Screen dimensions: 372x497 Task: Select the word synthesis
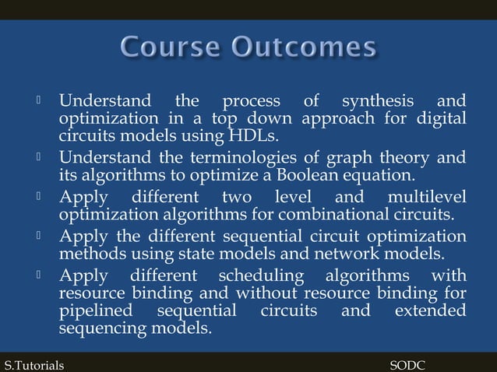tap(379, 101)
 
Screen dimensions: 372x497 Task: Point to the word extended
tap(430, 311)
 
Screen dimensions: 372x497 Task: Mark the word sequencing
tap(97, 328)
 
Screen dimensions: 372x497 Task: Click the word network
tap(339, 254)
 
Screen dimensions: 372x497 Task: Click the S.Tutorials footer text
tap(34, 364)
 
